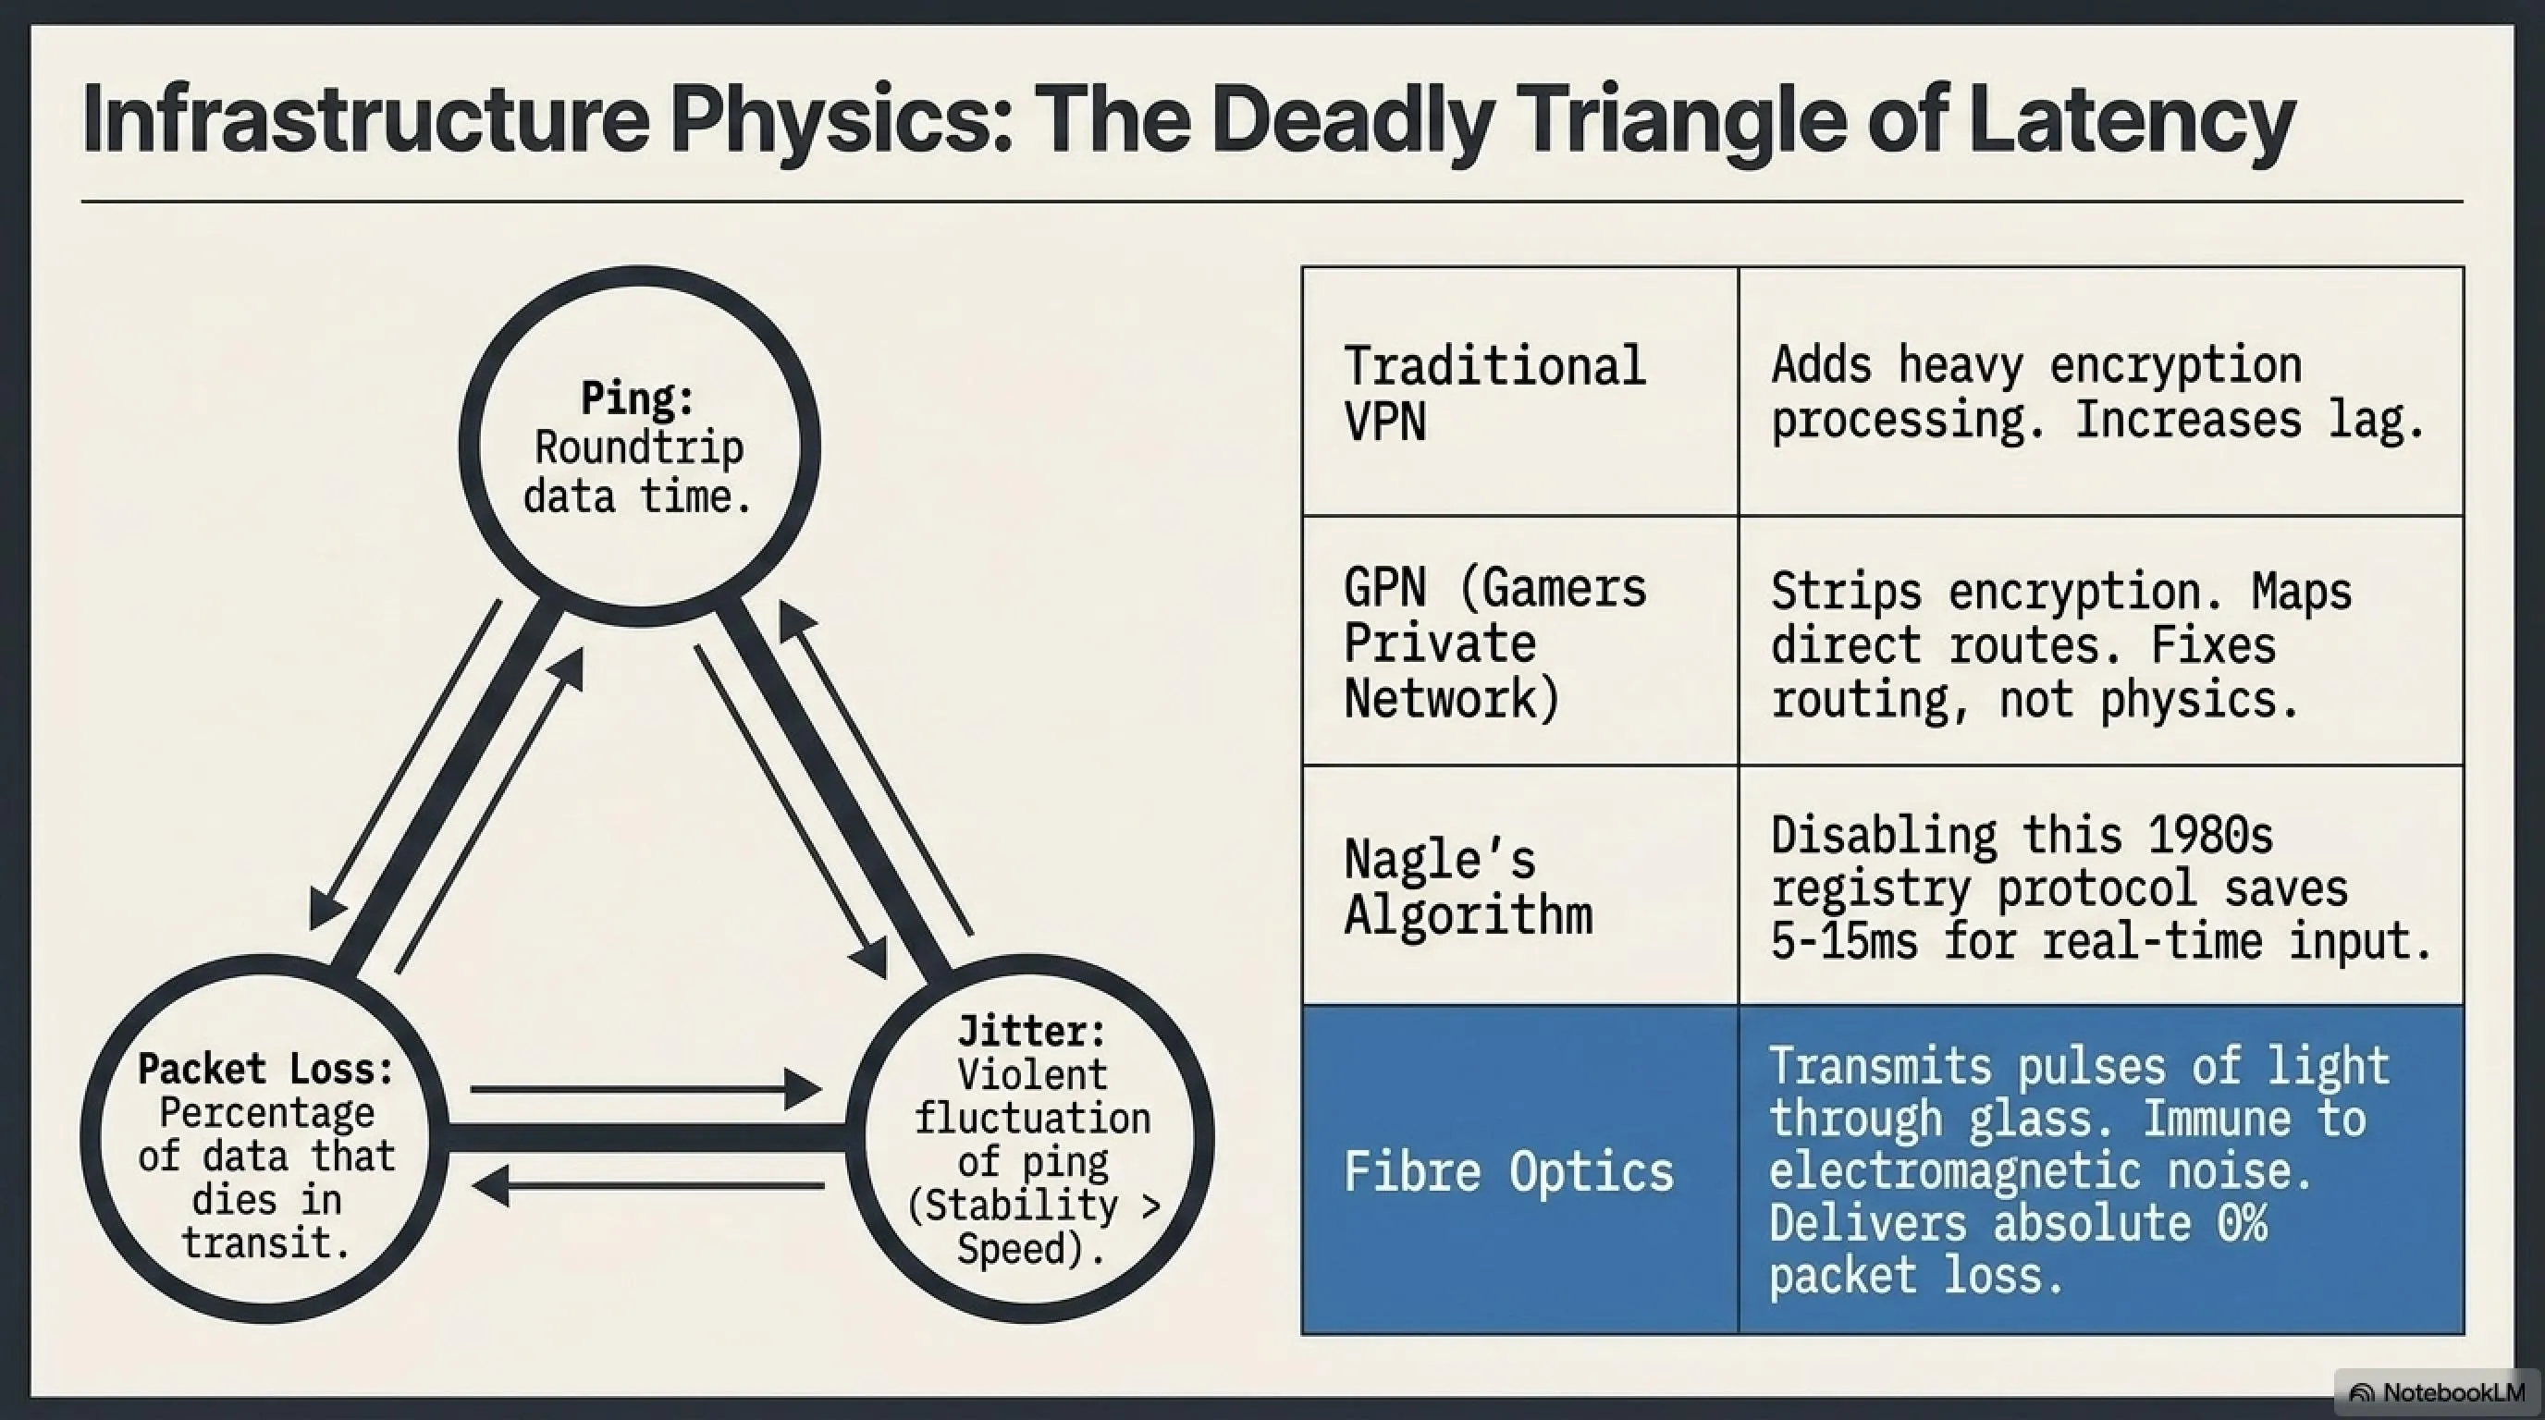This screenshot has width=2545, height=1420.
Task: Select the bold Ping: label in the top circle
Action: [638, 399]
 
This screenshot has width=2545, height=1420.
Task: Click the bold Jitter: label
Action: [1032, 1031]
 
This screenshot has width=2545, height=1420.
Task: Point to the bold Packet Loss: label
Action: [265, 1069]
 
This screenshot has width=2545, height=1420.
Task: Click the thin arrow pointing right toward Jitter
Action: [646, 1089]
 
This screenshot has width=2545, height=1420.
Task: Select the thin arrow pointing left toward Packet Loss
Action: [648, 1185]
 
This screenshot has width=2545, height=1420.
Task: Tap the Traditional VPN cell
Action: [1520, 391]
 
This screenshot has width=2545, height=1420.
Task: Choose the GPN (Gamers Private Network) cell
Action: [1520, 640]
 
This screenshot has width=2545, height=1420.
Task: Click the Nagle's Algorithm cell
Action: [1520, 885]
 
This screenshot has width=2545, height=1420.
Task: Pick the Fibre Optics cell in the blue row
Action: [1520, 1170]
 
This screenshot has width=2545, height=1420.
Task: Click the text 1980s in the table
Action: [2211, 836]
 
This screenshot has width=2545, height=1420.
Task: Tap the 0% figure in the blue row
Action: [2242, 1223]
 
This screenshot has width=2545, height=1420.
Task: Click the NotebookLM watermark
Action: [2439, 1392]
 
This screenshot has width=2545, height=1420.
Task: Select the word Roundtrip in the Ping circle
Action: [639, 447]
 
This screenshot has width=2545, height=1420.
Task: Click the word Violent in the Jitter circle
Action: [1032, 1074]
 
